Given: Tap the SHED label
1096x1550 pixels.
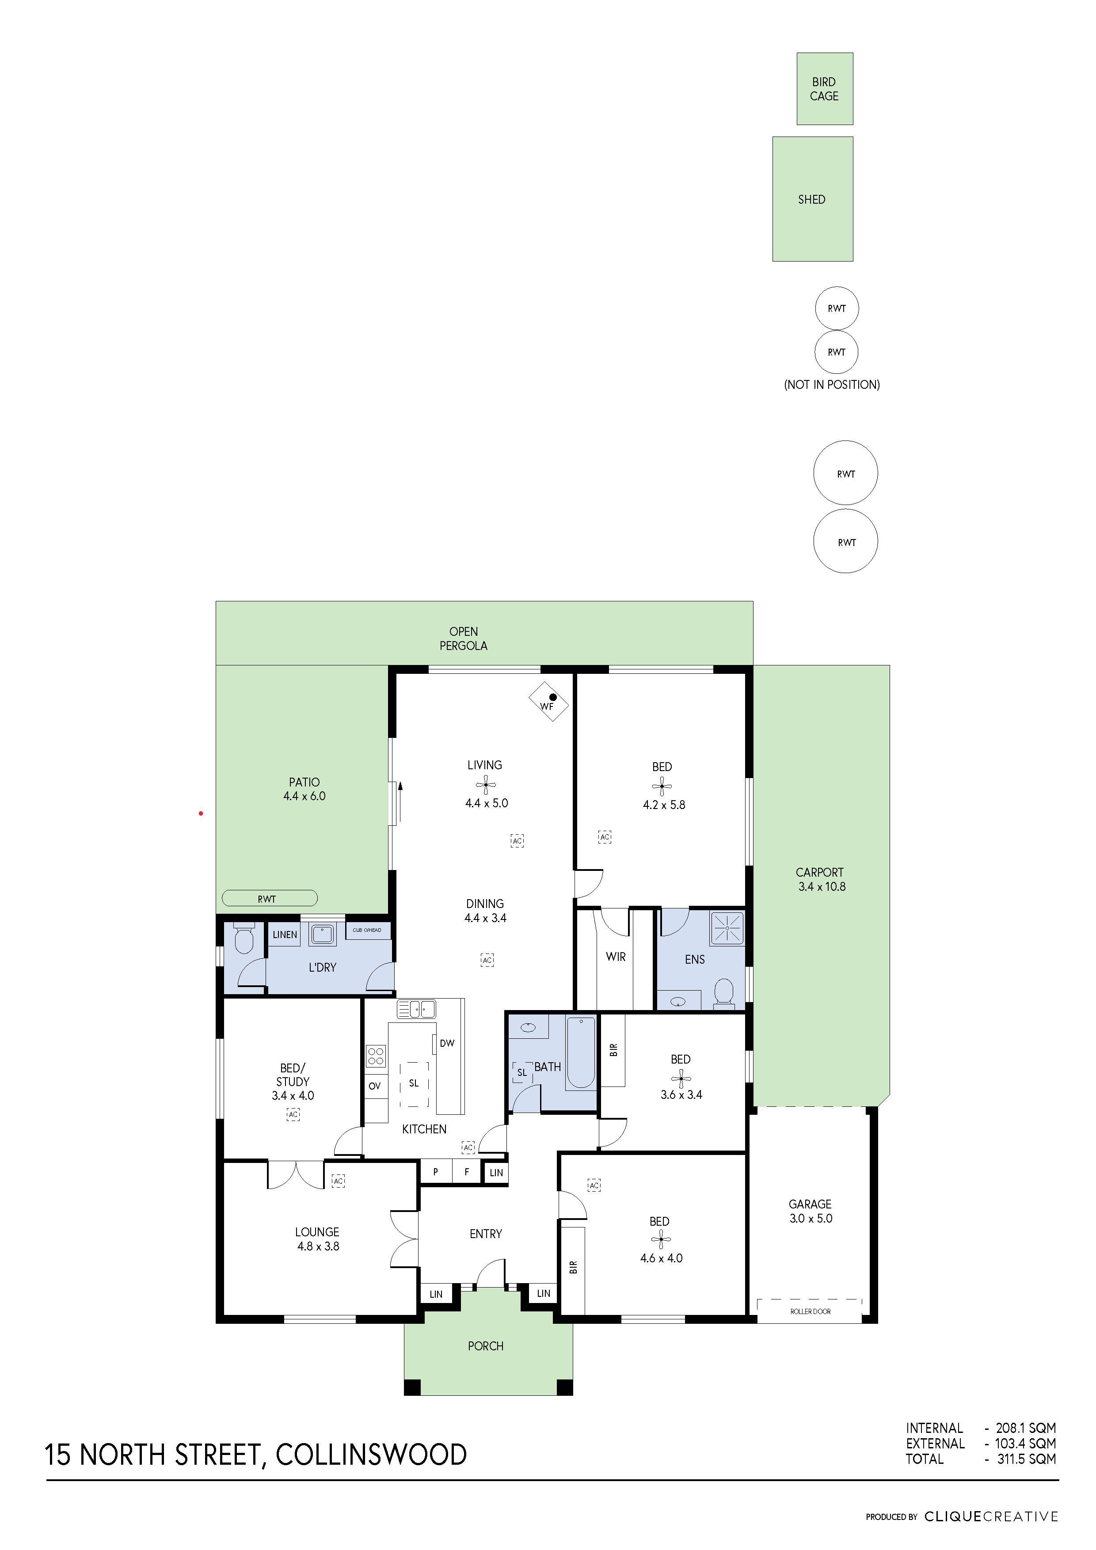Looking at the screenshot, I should point(812,199).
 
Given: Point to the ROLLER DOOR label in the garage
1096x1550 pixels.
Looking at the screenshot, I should point(811,1311).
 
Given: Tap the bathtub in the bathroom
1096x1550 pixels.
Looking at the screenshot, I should point(580,1053).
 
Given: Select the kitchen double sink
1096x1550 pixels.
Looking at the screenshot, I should point(416,1009).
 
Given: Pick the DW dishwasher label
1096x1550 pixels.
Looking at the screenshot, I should point(447,1043).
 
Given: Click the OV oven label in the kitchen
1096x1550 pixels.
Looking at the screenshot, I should point(375,1086).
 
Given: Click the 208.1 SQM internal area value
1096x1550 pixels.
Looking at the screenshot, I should point(1026,1428).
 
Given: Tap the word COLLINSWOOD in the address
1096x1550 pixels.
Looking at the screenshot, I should point(371,1454).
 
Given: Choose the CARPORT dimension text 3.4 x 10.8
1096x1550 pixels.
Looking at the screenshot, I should point(821,886).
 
